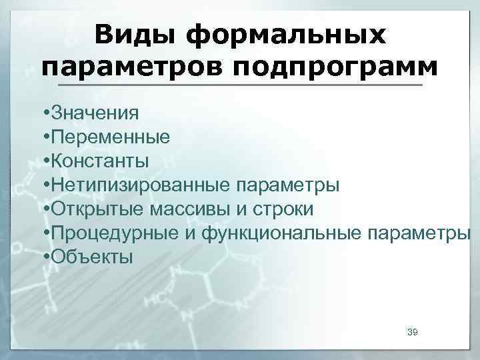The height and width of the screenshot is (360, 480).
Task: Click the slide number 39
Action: [412, 331]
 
